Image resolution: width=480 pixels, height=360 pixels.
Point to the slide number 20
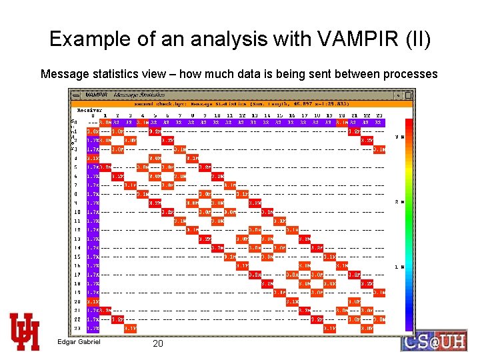158,343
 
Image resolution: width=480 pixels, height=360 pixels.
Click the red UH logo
24,331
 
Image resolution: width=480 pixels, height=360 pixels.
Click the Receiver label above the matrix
89,110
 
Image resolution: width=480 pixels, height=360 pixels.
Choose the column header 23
378,115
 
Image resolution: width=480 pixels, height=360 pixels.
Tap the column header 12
241,115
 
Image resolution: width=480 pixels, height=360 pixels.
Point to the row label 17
77,274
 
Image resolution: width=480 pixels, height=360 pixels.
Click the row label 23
77,327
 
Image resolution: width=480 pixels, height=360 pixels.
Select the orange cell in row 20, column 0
105,301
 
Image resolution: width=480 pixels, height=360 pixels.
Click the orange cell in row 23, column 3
130,328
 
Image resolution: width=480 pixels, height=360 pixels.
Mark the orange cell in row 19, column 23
378,292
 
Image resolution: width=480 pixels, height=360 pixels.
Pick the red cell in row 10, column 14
267,212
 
